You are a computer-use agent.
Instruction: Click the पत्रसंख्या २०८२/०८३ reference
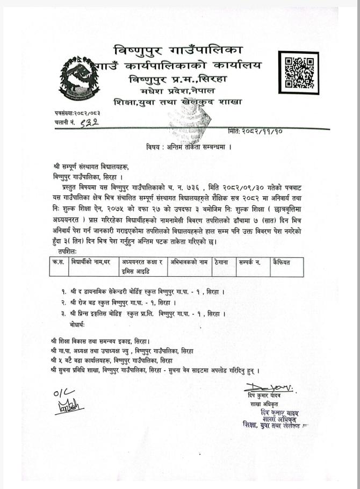(x=77, y=113)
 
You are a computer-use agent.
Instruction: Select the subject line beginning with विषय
(x=188, y=146)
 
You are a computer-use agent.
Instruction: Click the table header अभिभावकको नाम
(x=189, y=263)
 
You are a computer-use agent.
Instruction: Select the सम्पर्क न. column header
(x=251, y=263)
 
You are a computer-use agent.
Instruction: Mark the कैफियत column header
(x=284, y=263)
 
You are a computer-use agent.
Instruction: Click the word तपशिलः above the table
(x=66, y=251)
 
